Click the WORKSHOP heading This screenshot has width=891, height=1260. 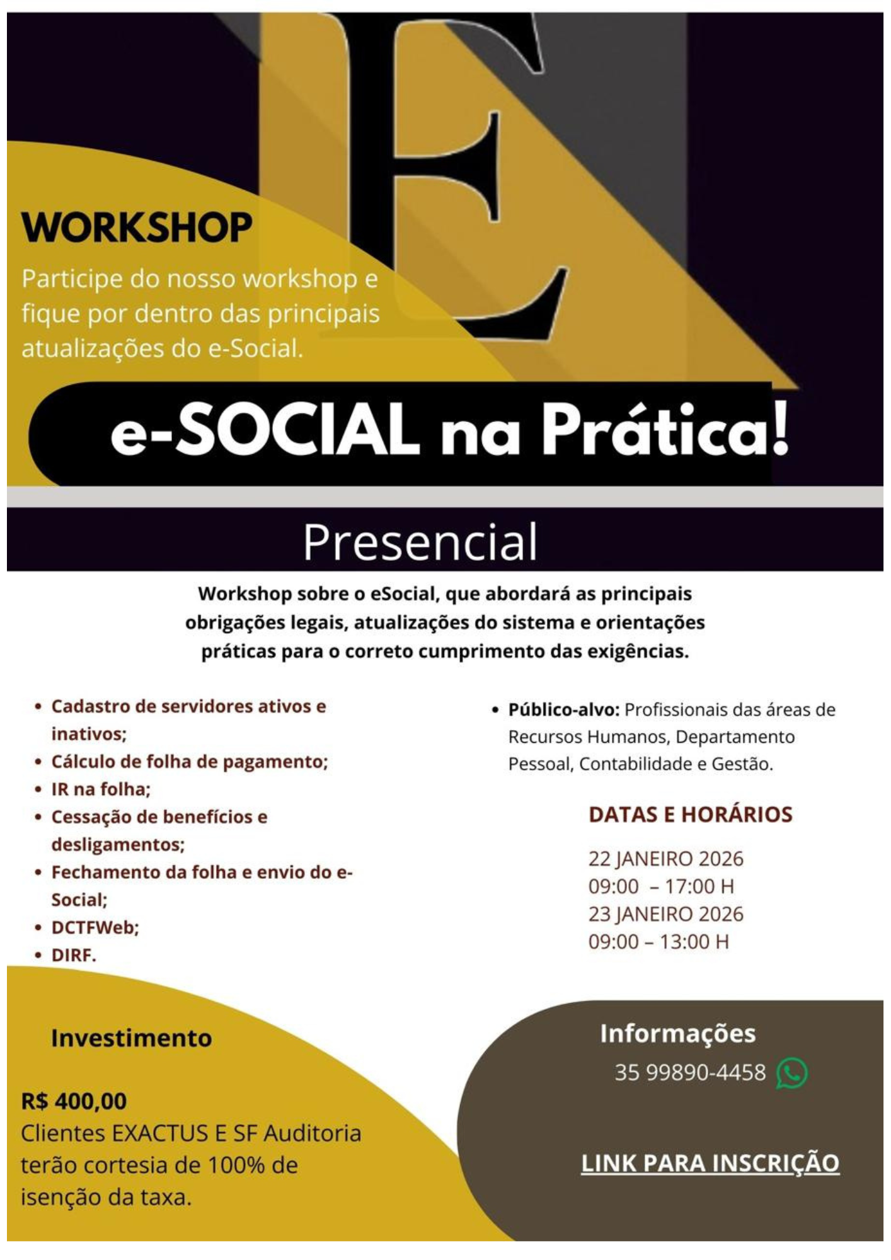coord(137,227)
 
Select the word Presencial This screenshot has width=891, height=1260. coord(420,542)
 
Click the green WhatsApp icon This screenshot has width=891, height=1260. coord(791,1074)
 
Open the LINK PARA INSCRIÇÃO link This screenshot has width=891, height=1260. coord(710,1163)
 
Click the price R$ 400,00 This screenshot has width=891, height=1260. coord(74,1101)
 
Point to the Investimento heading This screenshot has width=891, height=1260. coord(131,1038)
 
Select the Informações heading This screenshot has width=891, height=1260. coord(677,1034)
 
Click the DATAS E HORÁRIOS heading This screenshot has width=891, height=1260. coord(690,815)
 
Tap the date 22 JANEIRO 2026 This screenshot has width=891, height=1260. coord(665,859)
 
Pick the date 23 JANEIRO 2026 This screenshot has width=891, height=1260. coord(665,914)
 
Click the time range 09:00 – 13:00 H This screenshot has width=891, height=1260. coord(658,942)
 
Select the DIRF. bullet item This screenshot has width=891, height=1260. coord(74,956)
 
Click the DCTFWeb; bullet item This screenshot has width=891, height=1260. coord(95,928)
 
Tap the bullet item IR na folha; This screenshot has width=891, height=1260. coord(101,789)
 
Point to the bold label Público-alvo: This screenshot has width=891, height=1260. coord(564,710)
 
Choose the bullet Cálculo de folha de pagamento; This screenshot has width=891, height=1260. coord(189,762)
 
